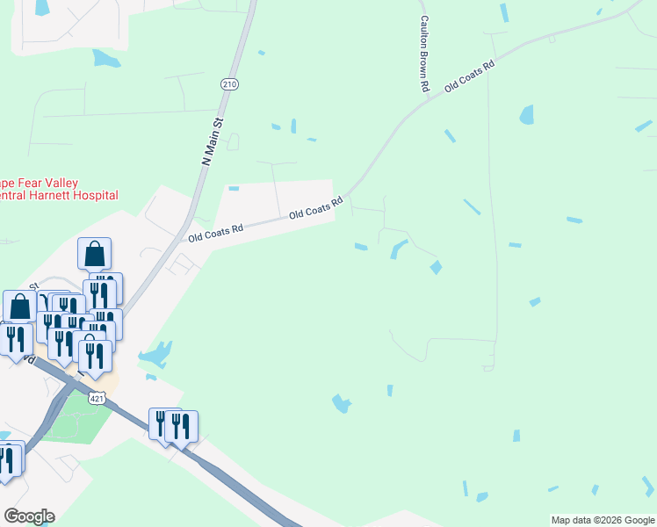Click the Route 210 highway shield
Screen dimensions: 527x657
point(229,84)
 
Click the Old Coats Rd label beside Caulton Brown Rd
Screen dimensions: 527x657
point(470,76)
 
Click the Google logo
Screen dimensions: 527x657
point(29,516)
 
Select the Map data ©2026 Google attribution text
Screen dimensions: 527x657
point(602,520)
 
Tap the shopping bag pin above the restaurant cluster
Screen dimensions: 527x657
point(94,254)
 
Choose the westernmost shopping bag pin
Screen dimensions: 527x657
point(20,307)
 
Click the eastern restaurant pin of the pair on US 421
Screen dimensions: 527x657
point(181,426)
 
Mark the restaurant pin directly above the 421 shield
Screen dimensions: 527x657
point(95,355)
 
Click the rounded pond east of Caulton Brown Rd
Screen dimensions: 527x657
point(526,114)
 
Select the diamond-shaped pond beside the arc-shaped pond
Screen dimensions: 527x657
point(436,267)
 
